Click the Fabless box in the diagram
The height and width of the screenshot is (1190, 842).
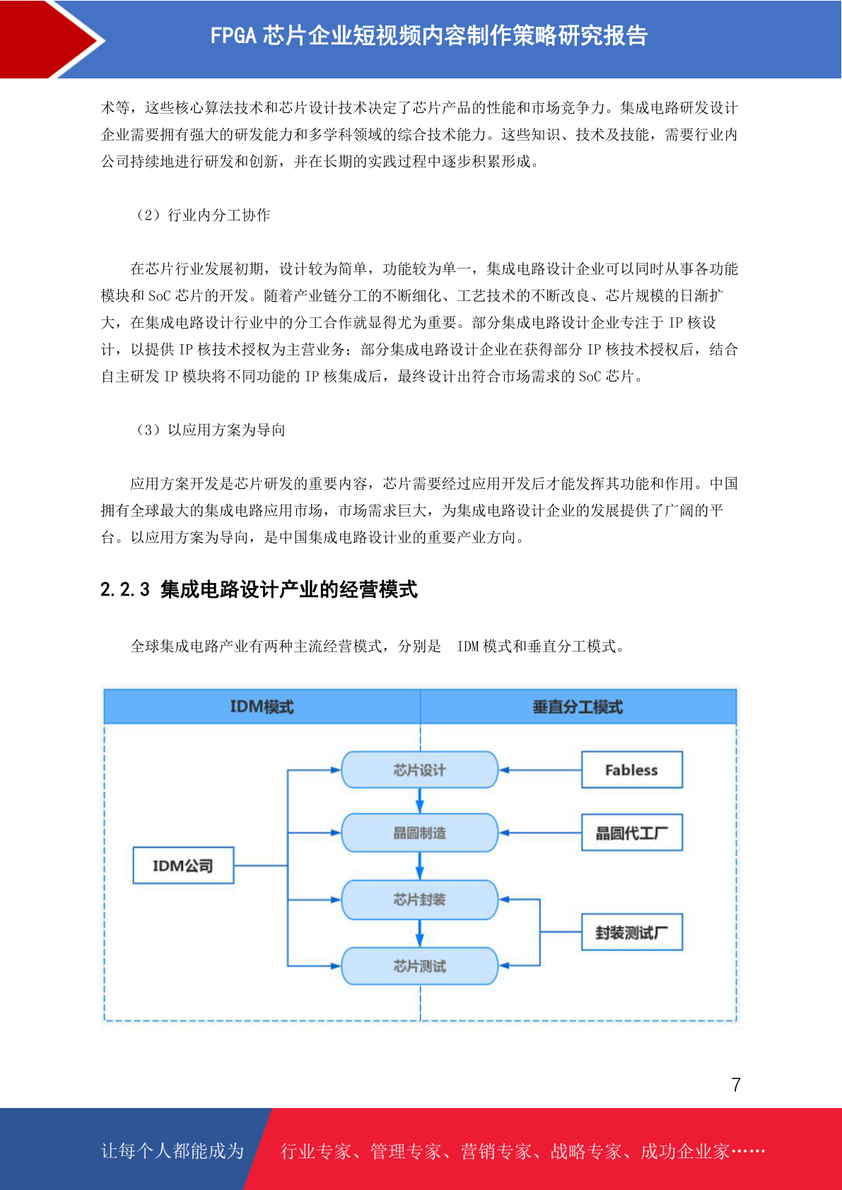point(631,770)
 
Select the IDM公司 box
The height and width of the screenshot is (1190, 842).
point(183,865)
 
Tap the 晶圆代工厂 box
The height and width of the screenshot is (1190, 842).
point(631,832)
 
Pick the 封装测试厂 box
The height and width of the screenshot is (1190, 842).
point(631,932)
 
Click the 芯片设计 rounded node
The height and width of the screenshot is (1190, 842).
point(419,770)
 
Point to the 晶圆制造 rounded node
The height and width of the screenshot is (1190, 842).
point(419,832)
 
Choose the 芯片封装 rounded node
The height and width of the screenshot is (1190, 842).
point(419,900)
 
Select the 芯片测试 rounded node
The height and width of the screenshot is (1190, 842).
point(419,966)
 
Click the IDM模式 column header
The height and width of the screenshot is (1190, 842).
point(262,707)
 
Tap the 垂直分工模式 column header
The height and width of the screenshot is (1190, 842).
point(578,707)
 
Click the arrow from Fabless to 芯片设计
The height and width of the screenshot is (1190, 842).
point(540,770)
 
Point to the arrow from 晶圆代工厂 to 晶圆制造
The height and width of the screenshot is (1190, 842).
point(540,832)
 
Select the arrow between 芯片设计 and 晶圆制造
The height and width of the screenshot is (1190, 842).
point(419,801)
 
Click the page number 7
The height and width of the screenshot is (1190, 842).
point(736,1084)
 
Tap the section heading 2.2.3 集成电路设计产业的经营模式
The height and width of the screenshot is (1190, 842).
point(259,589)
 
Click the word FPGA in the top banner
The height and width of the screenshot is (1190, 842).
point(233,35)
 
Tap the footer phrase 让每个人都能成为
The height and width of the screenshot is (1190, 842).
point(173,1150)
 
